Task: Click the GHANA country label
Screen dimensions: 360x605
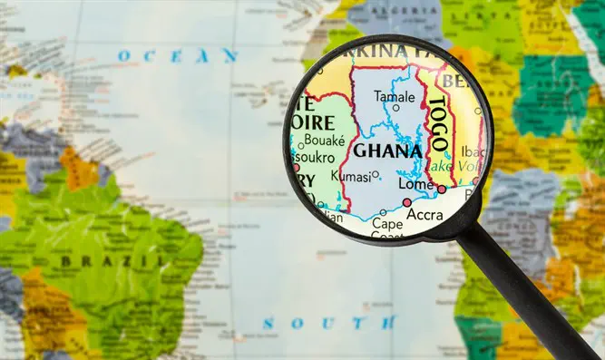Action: tap(387, 151)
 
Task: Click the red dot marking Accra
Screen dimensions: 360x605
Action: tap(406, 202)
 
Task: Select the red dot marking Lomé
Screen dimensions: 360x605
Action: tap(442, 190)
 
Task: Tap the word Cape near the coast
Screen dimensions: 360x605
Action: tap(386, 223)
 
